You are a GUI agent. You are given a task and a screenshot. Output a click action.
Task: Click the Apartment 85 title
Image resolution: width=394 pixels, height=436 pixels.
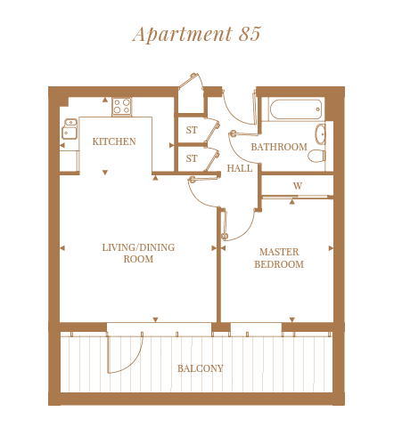(x=197, y=34)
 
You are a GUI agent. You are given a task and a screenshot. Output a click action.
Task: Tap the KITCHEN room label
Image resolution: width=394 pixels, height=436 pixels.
(x=114, y=141)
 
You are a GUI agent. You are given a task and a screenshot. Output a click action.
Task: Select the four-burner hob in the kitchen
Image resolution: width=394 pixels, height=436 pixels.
(x=122, y=106)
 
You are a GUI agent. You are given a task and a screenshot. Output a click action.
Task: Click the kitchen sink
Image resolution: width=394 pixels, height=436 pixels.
(x=70, y=128)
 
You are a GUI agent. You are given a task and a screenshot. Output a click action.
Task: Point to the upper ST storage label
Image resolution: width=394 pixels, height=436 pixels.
(x=192, y=130)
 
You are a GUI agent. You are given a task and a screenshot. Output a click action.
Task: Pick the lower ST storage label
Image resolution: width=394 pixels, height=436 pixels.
(x=192, y=158)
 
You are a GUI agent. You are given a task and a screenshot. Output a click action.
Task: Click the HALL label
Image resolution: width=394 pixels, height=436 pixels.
(x=240, y=168)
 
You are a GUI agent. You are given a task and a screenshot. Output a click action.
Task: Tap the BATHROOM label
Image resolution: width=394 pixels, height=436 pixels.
(x=279, y=147)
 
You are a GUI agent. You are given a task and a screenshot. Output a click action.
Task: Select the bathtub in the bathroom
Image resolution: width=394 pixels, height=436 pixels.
(x=296, y=109)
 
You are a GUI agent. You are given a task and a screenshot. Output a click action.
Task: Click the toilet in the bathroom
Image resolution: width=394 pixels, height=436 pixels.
(x=316, y=156)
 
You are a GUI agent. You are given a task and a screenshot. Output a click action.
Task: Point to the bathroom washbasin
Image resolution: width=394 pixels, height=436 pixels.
(x=321, y=134)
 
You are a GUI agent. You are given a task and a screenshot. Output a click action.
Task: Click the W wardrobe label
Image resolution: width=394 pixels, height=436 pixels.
(x=298, y=186)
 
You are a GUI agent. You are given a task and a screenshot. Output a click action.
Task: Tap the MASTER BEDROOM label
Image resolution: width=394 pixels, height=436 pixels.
(x=279, y=258)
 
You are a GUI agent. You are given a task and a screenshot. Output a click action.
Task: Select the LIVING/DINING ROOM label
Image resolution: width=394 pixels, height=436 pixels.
(x=138, y=253)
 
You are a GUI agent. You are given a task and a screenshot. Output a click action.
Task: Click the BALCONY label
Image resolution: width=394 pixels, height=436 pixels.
(x=201, y=368)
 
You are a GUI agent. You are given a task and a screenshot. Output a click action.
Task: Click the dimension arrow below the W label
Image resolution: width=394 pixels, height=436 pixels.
(x=292, y=202)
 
